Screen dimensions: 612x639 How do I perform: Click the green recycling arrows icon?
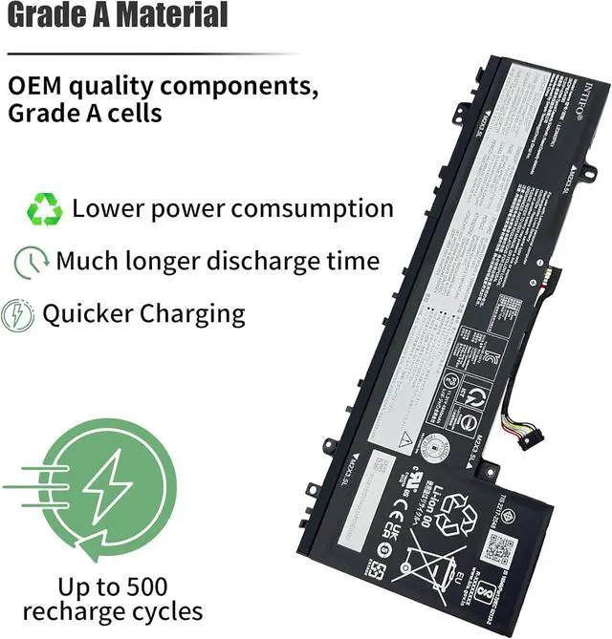pyautogui.click(x=44, y=208)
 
